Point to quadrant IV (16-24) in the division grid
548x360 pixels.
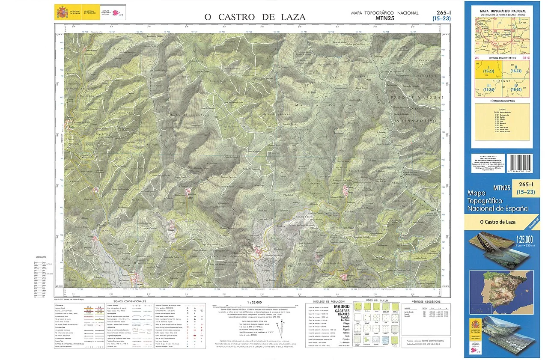coord(515,89)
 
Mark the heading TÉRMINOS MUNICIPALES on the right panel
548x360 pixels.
coord(502,101)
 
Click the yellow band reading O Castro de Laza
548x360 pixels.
coord(498,222)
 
